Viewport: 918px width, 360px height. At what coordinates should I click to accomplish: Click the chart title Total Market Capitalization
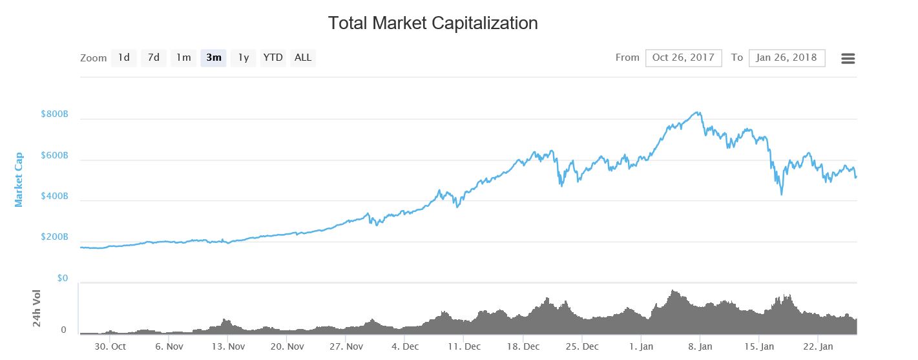(x=433, y=23)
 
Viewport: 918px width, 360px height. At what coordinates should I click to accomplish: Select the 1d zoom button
(x=123, y=58)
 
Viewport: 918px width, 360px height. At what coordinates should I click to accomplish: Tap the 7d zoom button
(x=153, y=58)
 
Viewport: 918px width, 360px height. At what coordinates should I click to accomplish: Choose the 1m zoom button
(x=183, y=58)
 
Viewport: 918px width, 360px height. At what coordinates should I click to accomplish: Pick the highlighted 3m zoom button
(x=213, y=58)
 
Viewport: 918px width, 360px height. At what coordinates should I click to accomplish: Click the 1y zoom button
(x=243, y=58)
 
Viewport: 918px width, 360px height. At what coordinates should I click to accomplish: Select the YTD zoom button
(x=273, y=58)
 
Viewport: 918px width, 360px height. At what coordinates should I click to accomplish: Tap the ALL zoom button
(x=303, y=58)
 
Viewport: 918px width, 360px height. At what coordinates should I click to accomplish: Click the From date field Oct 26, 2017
(x=683, y=58)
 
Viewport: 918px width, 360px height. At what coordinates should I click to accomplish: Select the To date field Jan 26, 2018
(x=786, y=58)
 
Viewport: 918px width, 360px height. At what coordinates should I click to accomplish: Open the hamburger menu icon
(x=848, y=58)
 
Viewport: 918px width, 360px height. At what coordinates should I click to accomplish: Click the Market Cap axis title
(x=19, y=179)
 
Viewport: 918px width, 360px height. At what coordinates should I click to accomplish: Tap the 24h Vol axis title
(x=37, y=308)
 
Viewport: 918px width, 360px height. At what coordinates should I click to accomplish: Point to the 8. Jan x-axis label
(x=700, y=346)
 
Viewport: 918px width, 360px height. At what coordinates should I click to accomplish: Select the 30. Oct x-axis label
(x=110, y=346)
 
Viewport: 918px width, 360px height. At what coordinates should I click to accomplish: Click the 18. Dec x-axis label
(x=523, y=346)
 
